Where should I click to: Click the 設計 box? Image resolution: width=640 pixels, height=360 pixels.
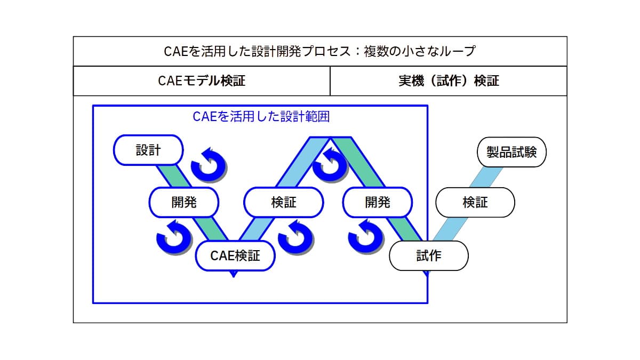[x=148, y=150]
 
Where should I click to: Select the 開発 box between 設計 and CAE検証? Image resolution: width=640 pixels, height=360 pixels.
[x=184, y=202]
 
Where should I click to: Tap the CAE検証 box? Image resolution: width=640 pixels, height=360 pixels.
[x=235, y=255]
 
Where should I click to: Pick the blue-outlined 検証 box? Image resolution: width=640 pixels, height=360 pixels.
[x=283, y=202]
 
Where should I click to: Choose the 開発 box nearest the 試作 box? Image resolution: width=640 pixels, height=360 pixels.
[x=378, y=202]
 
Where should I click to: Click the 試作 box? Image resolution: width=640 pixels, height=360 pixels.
[x=429, y=256]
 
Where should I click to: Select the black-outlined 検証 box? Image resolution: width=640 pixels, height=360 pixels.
[x=475, y=203]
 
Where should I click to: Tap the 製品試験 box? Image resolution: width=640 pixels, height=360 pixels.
[x=511, y=152]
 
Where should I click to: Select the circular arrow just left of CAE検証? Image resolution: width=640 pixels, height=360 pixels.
[x=174, y=238]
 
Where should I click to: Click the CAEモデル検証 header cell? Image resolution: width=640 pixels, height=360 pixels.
[x=202, y=81]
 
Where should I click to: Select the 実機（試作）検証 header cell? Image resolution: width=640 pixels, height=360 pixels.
[x=449, y=81]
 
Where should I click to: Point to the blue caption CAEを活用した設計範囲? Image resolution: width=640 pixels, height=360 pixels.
[x=261, y=116]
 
